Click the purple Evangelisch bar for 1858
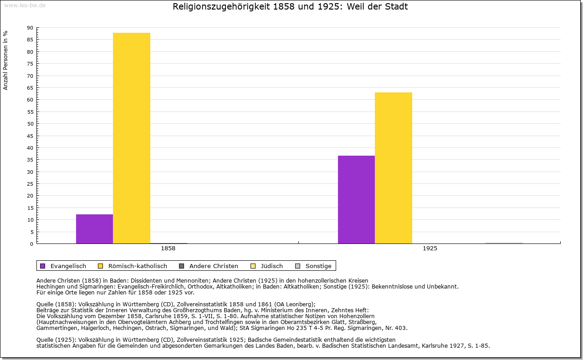[94, 229]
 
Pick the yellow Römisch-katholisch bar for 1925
[394, 168]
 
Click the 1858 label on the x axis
[168, 249]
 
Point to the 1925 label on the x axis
[430, 249]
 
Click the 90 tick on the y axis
[30, 28]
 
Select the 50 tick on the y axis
[30, 124]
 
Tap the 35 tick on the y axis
[30, 160]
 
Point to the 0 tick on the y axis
[31, 244]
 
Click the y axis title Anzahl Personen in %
[5, 60]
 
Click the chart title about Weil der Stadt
[290, 7]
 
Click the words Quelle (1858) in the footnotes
[57, 304]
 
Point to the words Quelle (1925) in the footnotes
[57, 340]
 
